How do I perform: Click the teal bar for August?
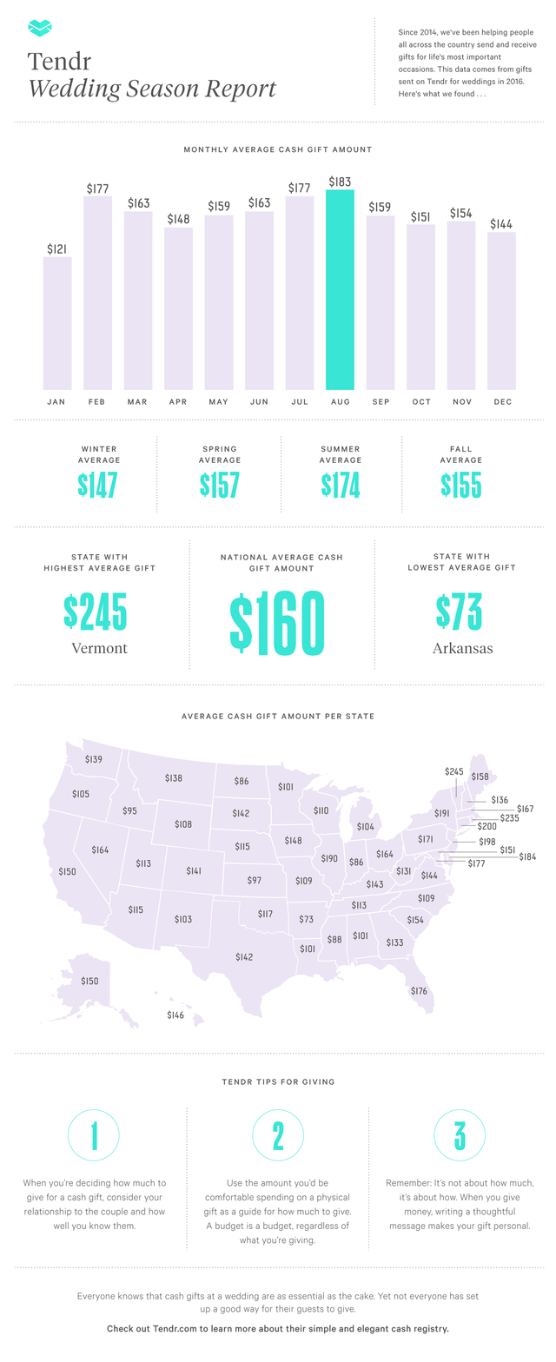pos(340,289)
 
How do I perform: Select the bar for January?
pos(57,323)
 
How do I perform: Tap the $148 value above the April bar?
pos(178,219)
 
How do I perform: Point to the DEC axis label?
pos(501,402)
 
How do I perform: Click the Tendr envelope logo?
pos(40,29)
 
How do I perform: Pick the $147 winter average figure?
pos(97,486)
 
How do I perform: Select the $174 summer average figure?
pos(340,486)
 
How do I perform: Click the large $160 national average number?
pos(277,623)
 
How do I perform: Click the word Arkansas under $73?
pos(462,648)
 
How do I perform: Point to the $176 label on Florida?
pos(419,991)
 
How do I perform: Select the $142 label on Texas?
pos(244,956)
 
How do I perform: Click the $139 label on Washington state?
pos(94,760)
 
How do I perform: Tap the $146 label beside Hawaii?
pos(175,1015)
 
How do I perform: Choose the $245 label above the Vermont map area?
pos(454,771)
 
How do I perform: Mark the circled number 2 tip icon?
pos(278,1135)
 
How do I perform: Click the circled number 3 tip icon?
pos(459,1135)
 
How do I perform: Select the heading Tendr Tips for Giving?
pos(277,1081)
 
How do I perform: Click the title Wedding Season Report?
pos(152,89)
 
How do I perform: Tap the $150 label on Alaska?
pos(89,981)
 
